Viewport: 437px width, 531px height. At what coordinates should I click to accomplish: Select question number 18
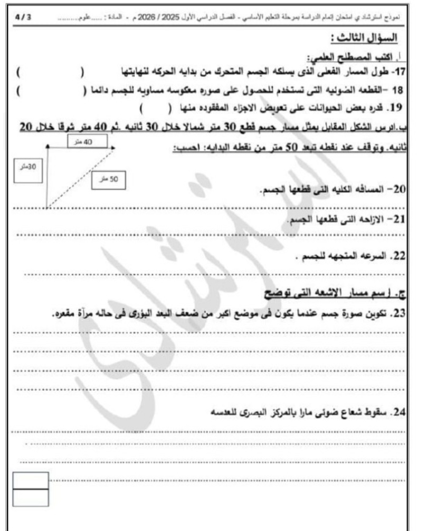[398, 90]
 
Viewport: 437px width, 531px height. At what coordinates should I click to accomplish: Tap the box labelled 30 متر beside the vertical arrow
[27, 170]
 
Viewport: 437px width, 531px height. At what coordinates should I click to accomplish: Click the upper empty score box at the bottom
[31, 481]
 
